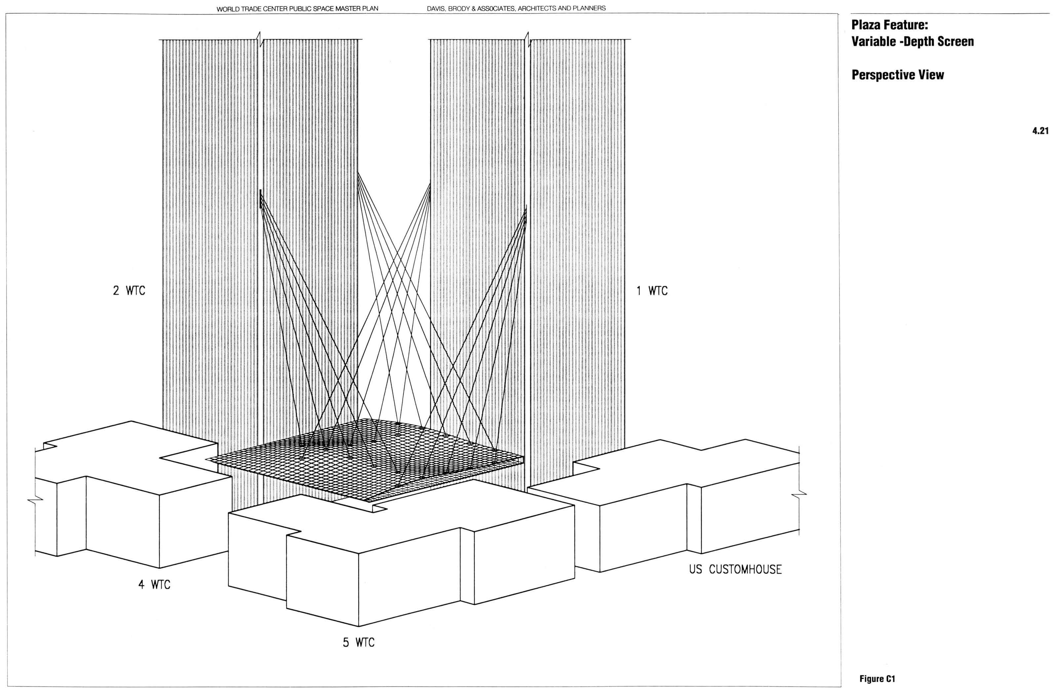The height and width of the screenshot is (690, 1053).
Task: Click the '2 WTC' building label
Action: (x=129, y=291)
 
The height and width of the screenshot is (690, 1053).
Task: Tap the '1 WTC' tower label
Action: (x=652, y=291)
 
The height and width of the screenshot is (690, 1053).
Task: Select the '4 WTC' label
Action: (x=154, y=585)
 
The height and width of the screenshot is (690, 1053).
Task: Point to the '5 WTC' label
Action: (x=358, y=642)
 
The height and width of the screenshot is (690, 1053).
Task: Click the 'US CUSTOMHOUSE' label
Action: (x=735, y=569)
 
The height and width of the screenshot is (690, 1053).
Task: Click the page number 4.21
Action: (x=1040, y=131)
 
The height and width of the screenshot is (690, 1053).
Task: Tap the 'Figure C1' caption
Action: (x=877, y=678)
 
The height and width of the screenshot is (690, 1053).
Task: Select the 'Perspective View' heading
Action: (x=897, y=75)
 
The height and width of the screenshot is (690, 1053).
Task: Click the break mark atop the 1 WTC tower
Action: (x=528, y=39)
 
